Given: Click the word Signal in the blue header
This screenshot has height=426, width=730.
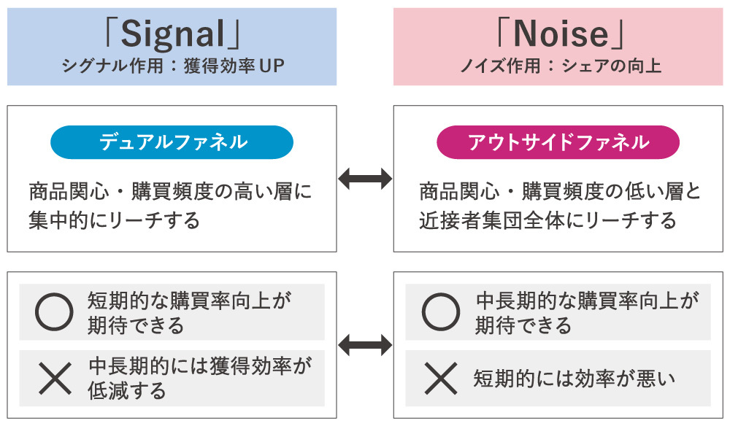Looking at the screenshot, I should point(172,34).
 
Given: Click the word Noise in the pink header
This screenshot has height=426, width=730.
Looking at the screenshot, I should point(560,34).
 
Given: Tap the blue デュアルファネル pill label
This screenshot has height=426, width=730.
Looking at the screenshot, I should point(172,143).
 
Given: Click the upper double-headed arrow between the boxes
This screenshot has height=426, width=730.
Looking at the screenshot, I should point(365,179).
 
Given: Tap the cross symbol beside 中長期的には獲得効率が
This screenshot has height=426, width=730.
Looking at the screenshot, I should point(54,378).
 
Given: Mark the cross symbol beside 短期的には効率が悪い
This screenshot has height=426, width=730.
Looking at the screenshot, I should point(441,378).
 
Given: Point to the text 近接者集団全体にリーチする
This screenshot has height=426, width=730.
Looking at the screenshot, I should point(547,220).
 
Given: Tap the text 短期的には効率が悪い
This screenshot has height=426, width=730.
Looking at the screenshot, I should point(574,379).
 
